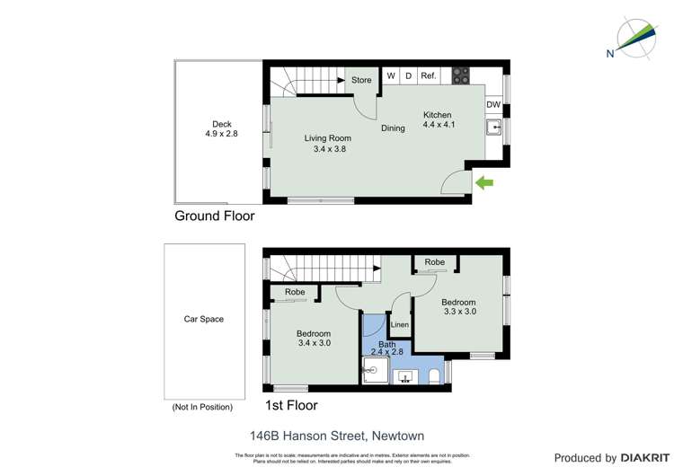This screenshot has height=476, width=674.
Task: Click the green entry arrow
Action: coord(484,183)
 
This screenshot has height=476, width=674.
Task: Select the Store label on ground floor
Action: coord(361,80)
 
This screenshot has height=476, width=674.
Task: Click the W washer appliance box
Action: coord(391,76)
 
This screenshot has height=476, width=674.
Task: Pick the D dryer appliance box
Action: coord(408,76)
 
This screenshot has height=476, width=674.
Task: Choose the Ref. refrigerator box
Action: coord(429,76)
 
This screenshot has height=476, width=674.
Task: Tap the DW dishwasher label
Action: coord(493,105)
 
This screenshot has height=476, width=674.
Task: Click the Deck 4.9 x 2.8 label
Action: coord(219,129)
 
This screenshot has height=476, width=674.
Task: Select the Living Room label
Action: coord(327,144)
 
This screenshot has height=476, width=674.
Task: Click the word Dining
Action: coord(393,128)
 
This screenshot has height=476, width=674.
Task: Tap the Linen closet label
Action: coord(401,324)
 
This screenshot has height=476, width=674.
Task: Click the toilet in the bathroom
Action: coord(433,376)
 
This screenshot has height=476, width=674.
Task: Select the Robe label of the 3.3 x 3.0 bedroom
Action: coord(435,262)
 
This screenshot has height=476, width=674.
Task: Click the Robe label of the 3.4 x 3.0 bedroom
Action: coord(295,293)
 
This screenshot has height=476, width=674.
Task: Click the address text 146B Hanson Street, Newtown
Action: coord(337,435)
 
